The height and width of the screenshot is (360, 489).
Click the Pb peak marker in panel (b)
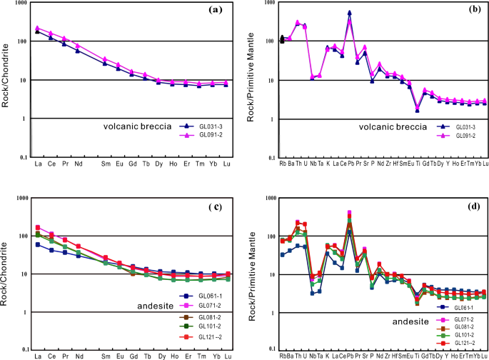(x=349, y=12)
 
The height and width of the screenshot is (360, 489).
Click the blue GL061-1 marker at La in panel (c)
(x=37, y=244)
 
